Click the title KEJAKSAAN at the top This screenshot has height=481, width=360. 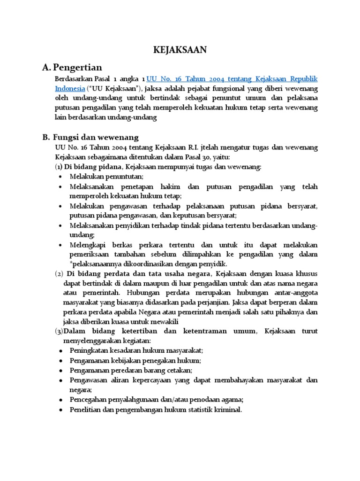180,50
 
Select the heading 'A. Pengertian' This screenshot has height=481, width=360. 72,68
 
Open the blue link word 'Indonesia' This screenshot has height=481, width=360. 70,88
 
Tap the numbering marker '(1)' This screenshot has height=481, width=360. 59,167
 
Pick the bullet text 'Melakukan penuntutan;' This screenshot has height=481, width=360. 106,177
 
